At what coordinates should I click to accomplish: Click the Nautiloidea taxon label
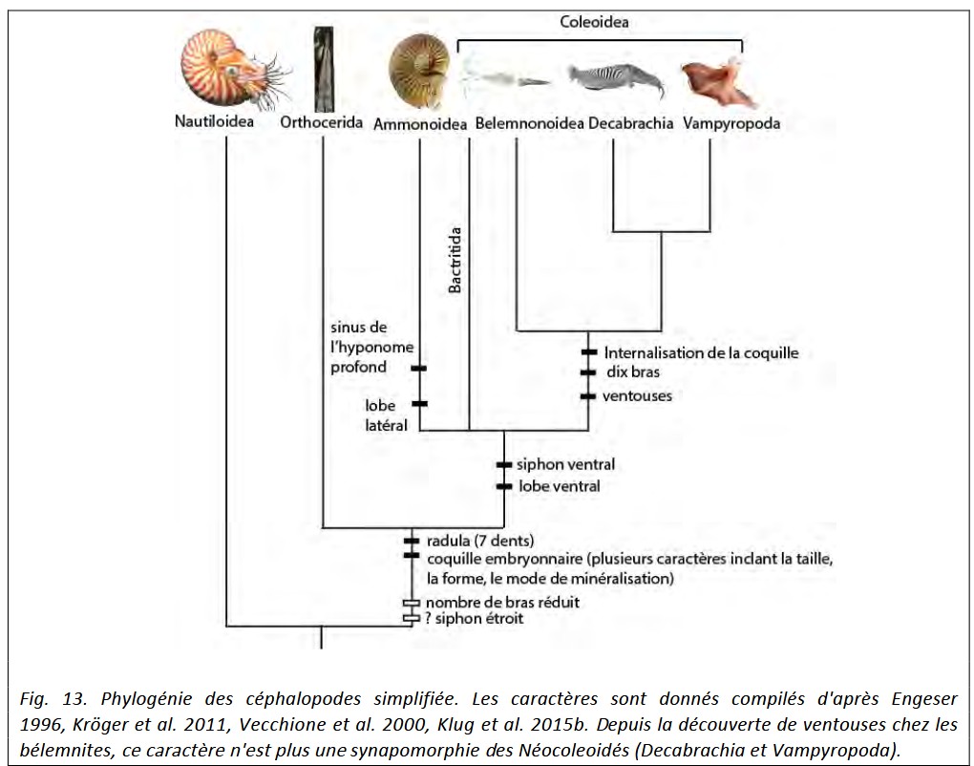coord(214,121)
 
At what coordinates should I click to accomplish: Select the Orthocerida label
coord(321,121)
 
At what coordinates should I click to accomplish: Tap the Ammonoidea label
coord(420,124)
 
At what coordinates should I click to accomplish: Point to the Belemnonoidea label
coord(529,123)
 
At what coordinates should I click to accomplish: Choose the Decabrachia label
coord(630,123)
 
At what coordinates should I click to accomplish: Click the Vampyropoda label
coord(731,123)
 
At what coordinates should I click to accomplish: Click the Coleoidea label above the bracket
coord(594,22)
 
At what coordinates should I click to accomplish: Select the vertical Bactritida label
coord(455,260)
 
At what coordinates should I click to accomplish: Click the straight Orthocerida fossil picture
coord(323,69)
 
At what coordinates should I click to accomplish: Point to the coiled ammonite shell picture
coord(419,70)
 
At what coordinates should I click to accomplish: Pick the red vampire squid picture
coord(719,82)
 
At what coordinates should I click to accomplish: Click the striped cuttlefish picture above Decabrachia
coord(616,79)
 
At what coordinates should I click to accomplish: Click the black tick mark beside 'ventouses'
coord(588,396)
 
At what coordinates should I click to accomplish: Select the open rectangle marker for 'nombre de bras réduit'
coord(412,603)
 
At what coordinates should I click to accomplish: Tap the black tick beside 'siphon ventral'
coord(504,465)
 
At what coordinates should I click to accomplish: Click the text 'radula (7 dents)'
coord(480,541)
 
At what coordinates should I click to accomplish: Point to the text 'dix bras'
coord(633,372)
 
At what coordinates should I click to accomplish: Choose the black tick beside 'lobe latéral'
coord(420,404)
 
